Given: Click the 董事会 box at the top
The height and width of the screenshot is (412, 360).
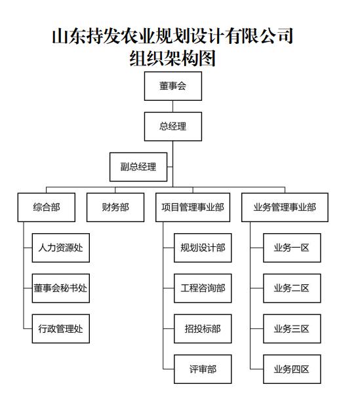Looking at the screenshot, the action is [173, 86].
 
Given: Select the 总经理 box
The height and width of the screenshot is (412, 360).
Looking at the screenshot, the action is [173, 126].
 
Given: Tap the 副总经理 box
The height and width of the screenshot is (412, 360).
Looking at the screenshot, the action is [138, 167].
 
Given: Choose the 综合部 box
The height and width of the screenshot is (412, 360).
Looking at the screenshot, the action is [47, 208].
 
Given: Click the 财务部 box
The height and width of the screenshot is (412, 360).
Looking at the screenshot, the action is [115, 208].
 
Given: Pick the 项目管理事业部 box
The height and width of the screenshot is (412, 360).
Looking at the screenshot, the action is [193, 208].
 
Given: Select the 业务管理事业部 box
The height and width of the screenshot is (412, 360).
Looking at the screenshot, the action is [285, 208].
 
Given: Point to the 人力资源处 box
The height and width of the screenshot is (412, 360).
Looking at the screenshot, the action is [61, 248].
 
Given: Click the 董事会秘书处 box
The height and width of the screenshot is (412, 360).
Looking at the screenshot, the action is [61, 288].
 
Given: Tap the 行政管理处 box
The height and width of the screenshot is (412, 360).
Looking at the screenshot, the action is [61, 329].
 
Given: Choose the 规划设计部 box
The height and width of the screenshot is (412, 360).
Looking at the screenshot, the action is [203, 248].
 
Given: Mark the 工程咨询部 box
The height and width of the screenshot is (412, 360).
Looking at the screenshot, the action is [203, 288].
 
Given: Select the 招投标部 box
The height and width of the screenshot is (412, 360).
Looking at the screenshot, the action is [203, 329].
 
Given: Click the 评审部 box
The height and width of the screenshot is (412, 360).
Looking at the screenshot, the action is [203, 369].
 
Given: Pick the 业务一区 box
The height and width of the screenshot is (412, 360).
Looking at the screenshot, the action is [292, 248].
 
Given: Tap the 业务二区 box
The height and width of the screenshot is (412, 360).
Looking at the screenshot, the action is [292, 288].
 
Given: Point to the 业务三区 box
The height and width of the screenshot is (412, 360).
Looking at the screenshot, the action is [292, 329].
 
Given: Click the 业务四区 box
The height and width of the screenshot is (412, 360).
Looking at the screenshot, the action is [292, 369].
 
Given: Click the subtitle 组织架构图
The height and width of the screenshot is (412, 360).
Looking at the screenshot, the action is [172, 58].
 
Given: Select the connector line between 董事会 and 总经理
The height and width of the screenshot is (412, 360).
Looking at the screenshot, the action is [172, 106].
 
